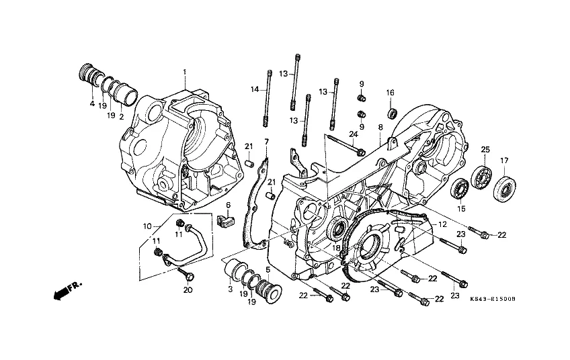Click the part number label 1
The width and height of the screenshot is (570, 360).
pyautogui.click(x=184, y=72)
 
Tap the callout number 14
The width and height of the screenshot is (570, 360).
pyautogui.click(x=255, y=89)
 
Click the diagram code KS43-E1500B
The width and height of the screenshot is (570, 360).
pyautogui.click(x=493, y=300)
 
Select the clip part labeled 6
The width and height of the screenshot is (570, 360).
pyautogui.click(x=225, y=220)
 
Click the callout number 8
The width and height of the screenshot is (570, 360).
pyautogui.click(x=380, y=127)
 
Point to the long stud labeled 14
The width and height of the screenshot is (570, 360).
pyautogui.click(x=268, y=98)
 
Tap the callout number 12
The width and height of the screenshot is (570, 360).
pyautogui.click(x=442, y=224)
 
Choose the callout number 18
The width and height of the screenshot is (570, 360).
pyautogui.click(x=336, y=248)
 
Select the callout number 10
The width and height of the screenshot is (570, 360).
pyautogui.click(x=147, y=226)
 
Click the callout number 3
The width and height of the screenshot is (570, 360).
pyautogui.click(x=230, y=289)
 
